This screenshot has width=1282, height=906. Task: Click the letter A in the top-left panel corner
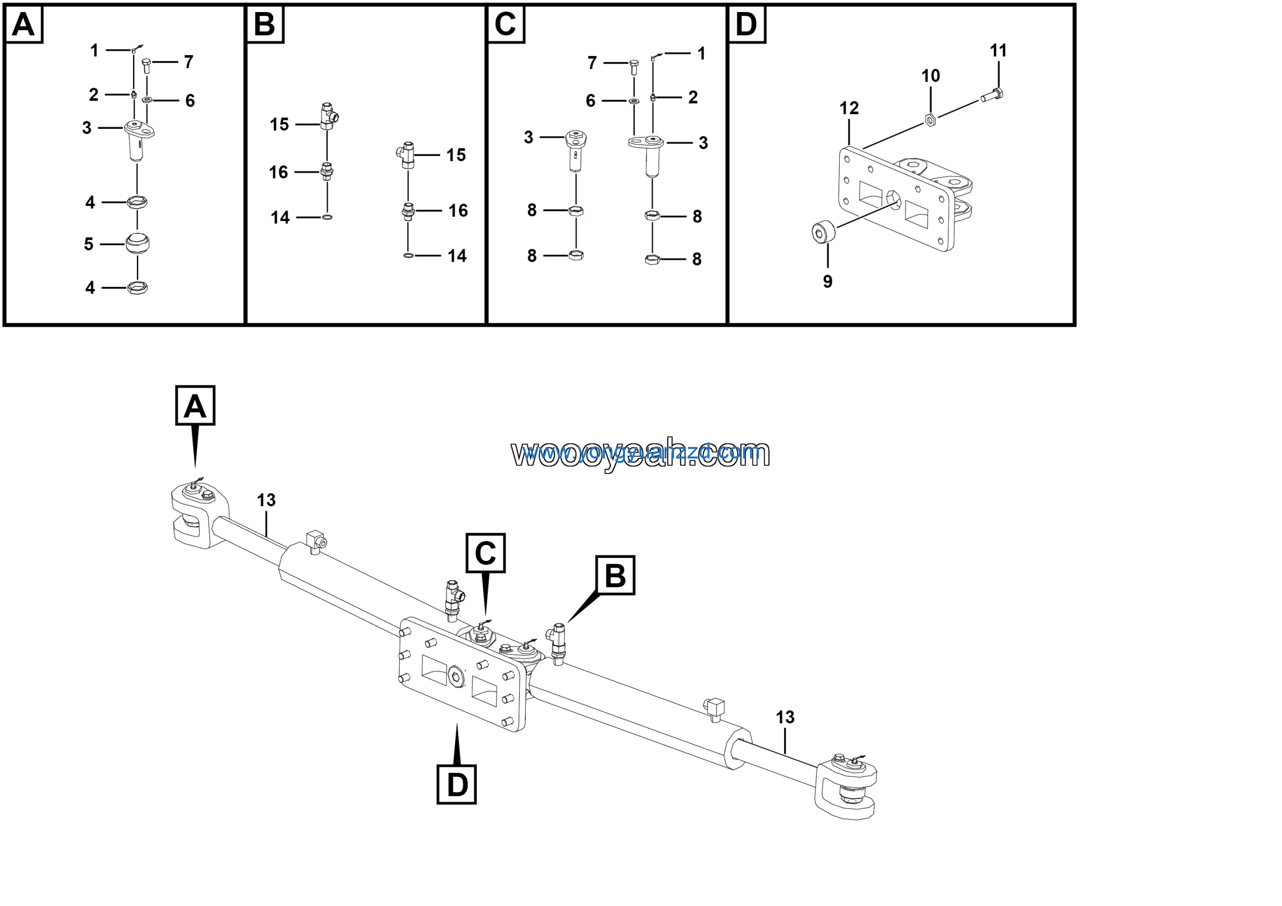[24, 25]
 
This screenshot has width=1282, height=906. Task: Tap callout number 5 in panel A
[88, 244]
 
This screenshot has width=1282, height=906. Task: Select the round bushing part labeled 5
[137, 244]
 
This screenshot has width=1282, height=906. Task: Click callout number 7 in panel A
[189, 62]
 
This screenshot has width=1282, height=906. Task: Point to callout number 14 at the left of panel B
[280, 217]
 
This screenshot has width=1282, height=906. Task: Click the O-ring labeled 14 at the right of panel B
[408, 255]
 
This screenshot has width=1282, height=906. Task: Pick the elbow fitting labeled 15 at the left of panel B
[329, 116]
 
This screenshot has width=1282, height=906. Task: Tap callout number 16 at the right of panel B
[458, 210]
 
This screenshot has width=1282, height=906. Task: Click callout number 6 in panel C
[590, 101]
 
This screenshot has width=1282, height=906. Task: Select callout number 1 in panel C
[701, 54]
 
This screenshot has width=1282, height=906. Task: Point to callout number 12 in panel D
[849, 108]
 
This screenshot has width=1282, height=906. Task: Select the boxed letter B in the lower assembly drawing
[615, 575]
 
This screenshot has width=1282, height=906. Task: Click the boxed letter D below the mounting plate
[456, 785]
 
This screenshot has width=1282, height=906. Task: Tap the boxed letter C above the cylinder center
[485, 553]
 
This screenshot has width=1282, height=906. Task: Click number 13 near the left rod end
[266, 500]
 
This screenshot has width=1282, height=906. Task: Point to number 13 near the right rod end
[785, 717]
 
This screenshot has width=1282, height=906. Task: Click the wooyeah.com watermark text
[640, 452]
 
